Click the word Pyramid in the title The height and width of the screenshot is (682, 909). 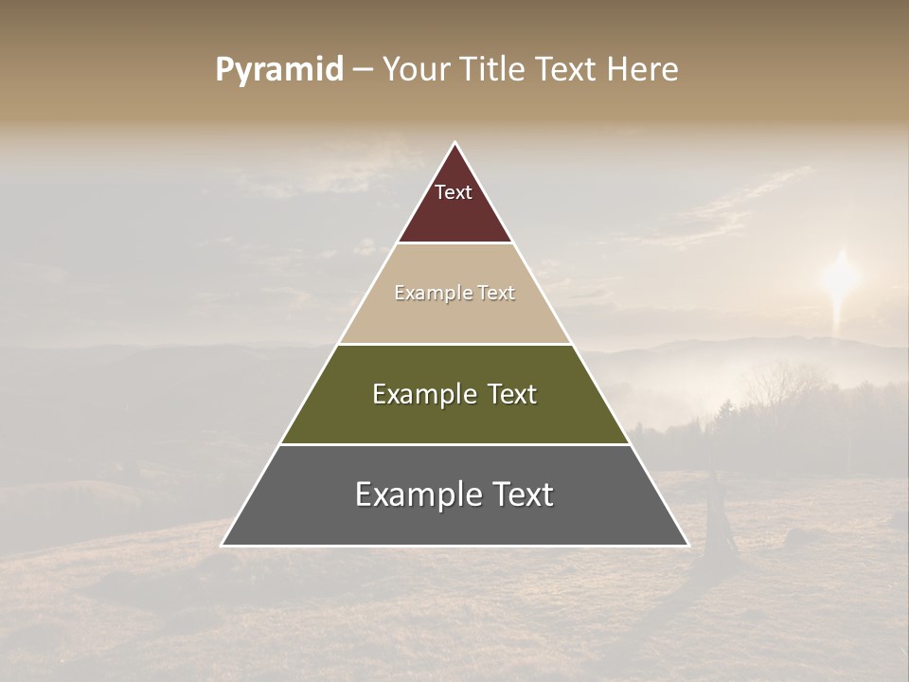click(278, 70)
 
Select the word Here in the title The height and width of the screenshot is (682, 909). click(643, 70)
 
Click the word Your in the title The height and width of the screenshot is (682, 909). click(416, 70)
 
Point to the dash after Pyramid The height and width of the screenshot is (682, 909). click(363, 70)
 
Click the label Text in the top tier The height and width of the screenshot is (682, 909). click(454, 192)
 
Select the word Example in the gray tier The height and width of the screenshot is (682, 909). click(418, 494)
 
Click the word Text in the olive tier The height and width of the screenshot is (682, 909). click(511, 394)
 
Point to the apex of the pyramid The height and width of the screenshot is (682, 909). click(454, 143)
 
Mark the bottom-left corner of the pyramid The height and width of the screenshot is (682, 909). click(223, 545)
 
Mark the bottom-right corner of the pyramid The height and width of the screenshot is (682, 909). click(687, 545)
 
